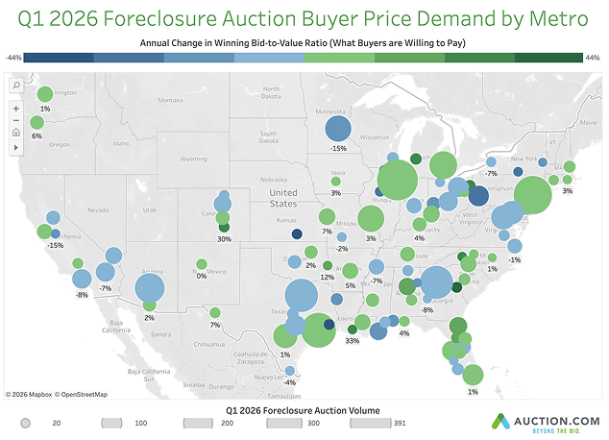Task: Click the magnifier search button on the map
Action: click(16, 86)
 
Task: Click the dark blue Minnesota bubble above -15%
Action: click(338, 130)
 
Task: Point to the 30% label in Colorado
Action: click(225, 238)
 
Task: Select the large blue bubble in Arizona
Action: click(150, 287)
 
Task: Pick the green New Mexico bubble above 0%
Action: click(202, 264)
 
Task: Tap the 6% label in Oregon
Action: click(37, 136)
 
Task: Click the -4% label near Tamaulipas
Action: click(289, 383)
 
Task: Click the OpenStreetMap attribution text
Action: click(82, 395)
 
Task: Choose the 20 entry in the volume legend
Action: click(57, 423)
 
